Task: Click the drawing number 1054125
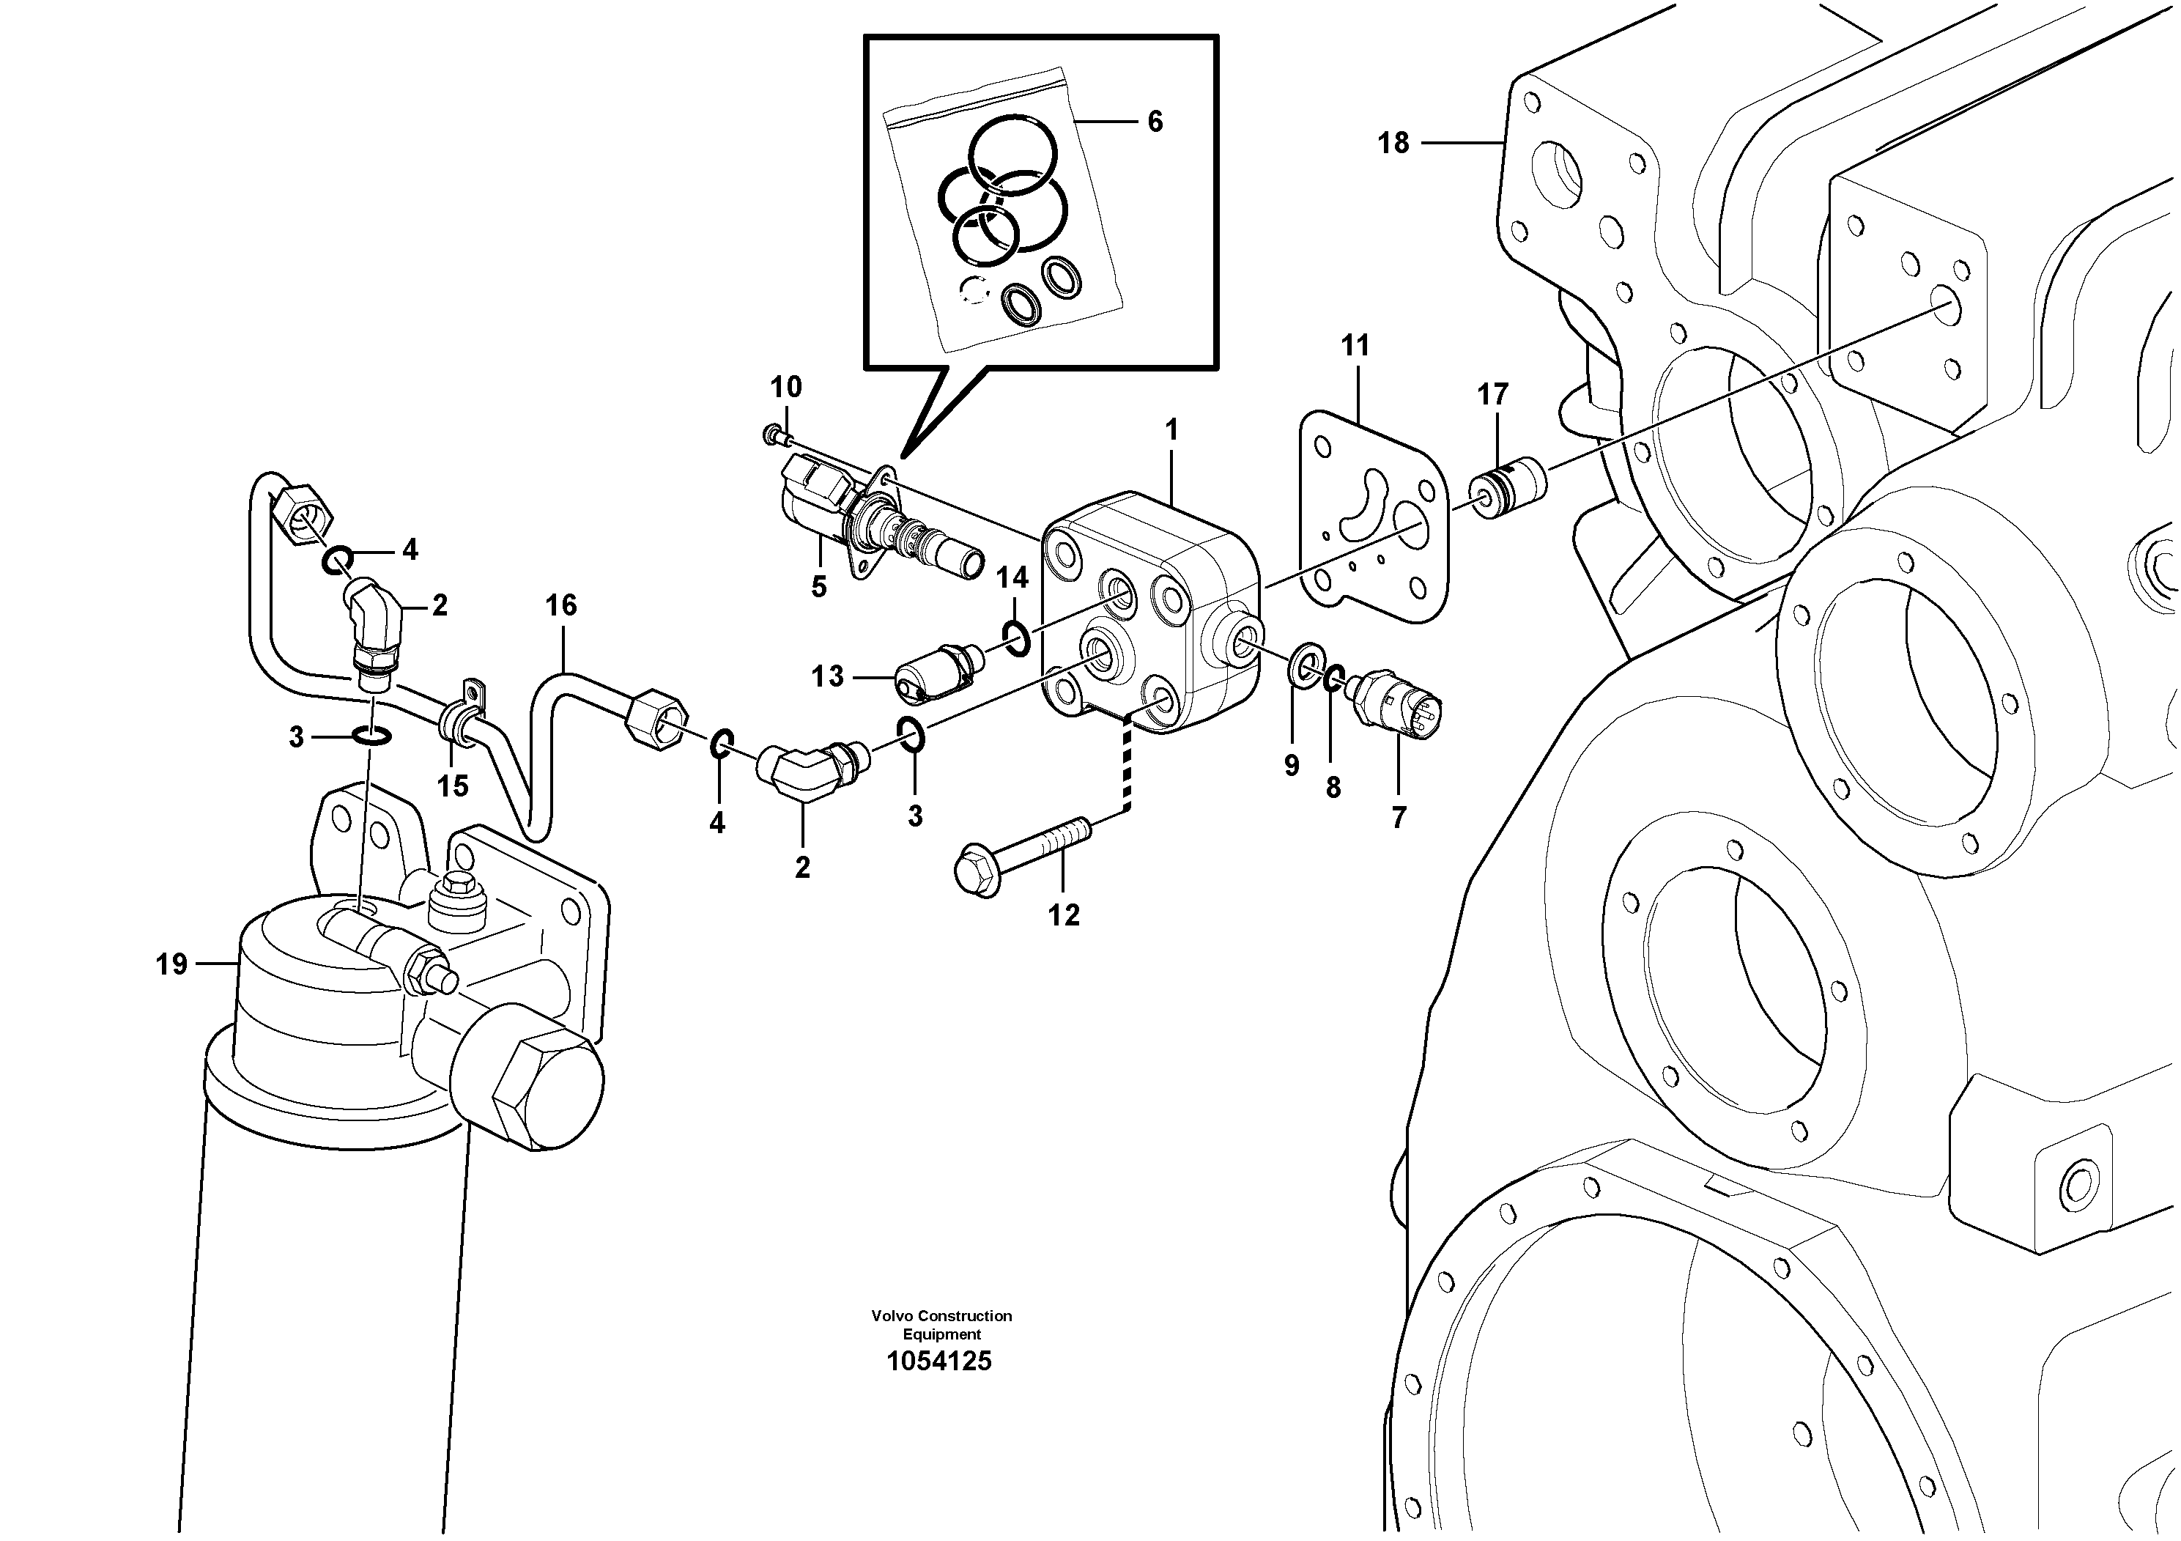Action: pos(938,1361)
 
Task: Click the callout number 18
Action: pos(1393,144)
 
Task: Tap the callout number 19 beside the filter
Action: pos(172,965)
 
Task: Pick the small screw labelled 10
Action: pos(773,435)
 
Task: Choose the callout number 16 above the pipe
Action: pos(560,605)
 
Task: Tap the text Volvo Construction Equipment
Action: pos(941,1324)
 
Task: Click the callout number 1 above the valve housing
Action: pos(1171,430)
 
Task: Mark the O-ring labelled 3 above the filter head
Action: pos(369,734)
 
